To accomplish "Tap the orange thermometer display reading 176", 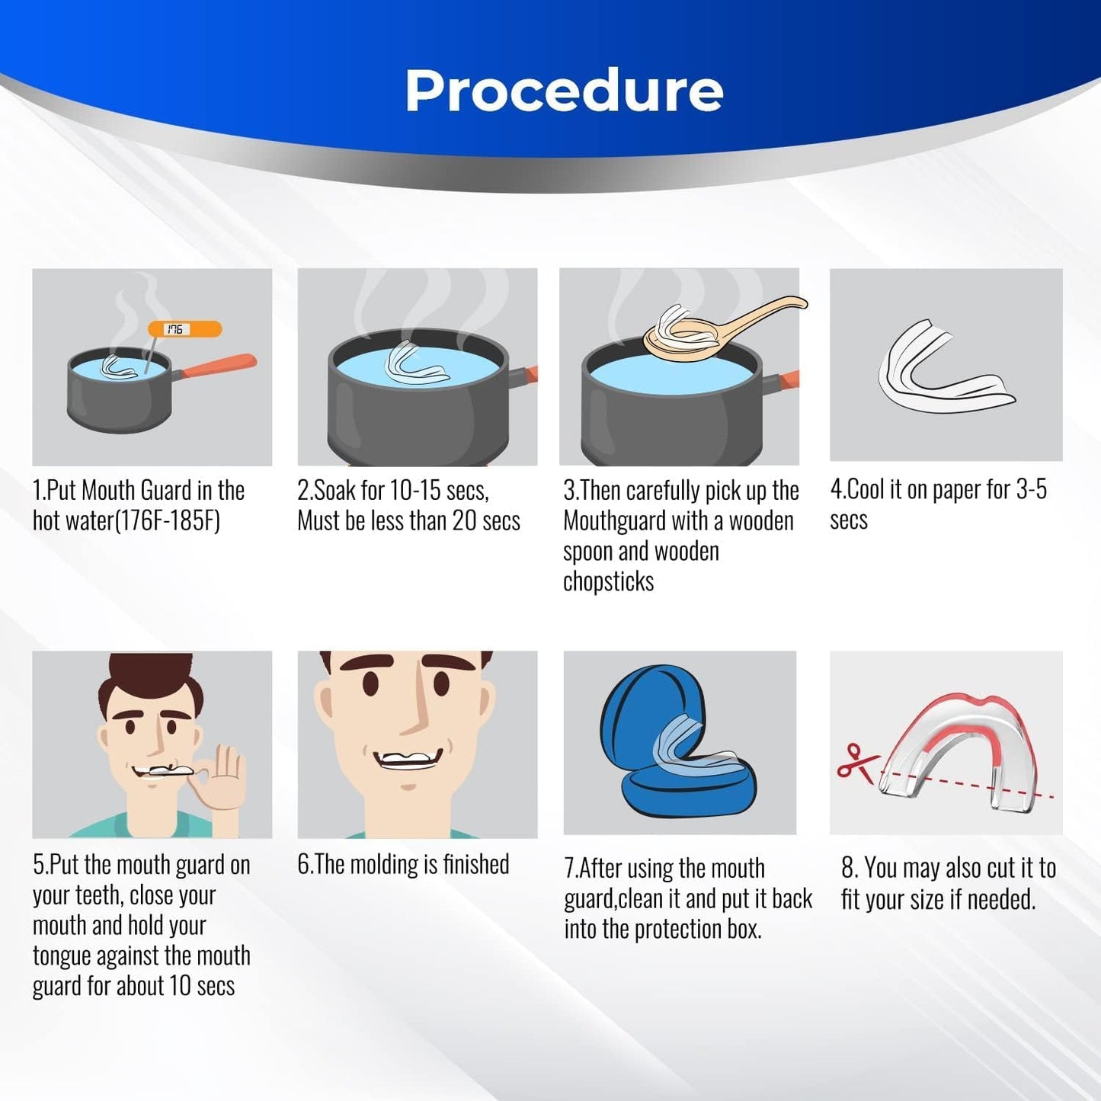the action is tap(184, 329).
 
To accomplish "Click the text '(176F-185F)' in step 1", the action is tap(168, 521).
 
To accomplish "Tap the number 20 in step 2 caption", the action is tap(465, 520).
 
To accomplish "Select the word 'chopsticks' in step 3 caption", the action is tap(609, 582).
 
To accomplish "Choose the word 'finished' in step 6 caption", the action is tap(476, 865).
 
